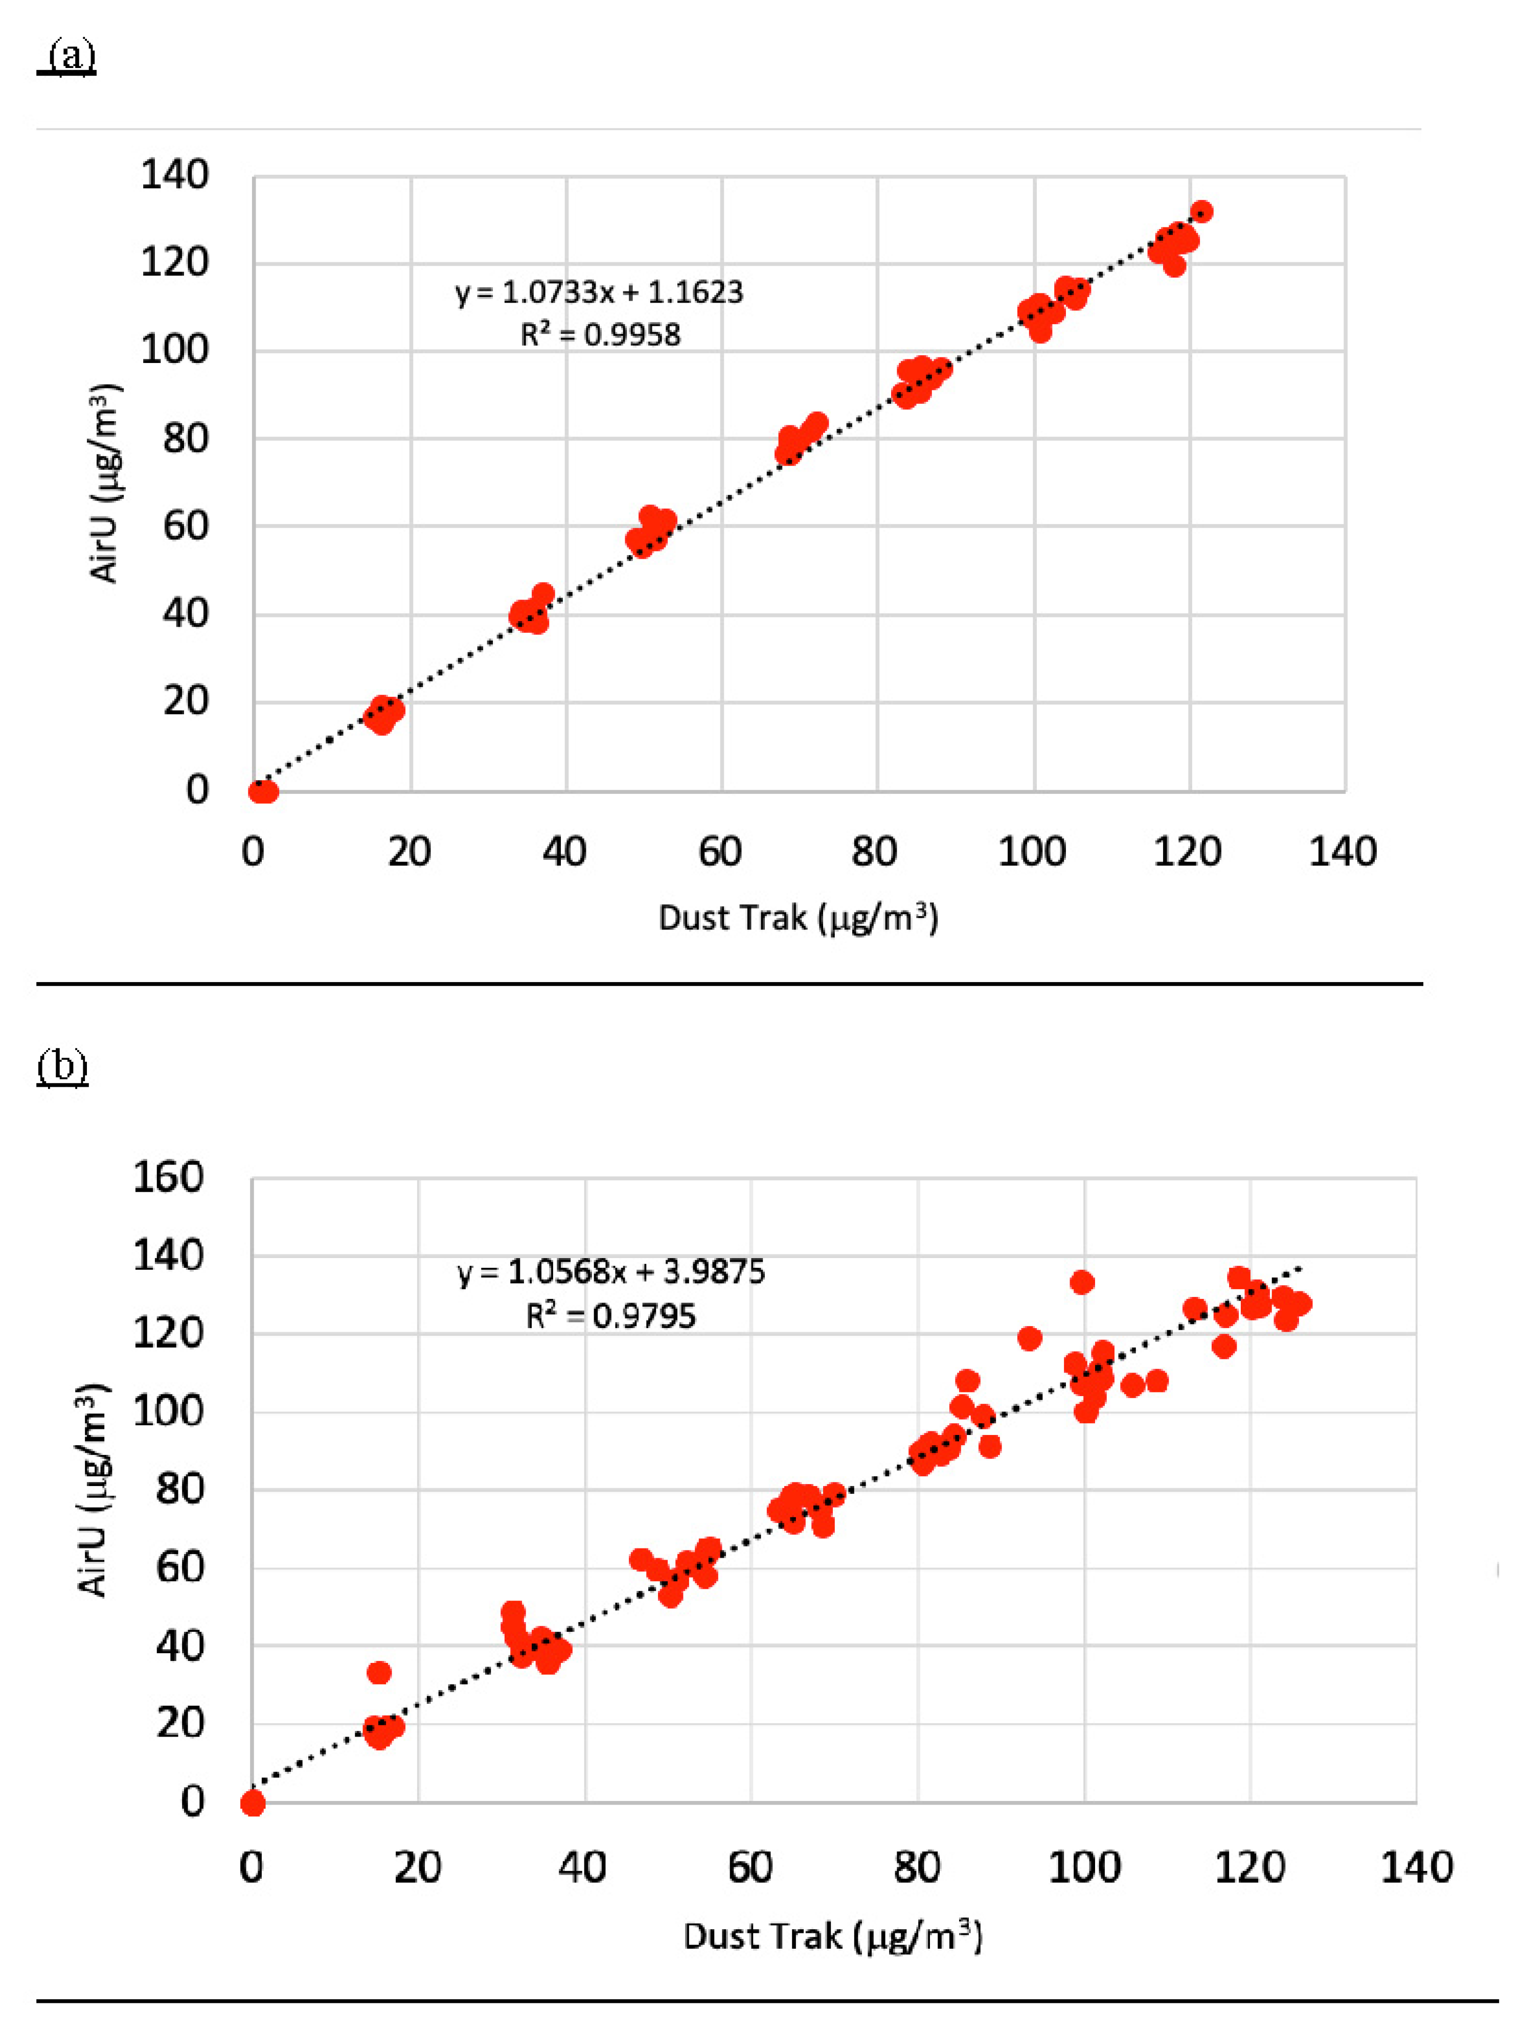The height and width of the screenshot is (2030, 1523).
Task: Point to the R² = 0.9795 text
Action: (x=610, y=1316)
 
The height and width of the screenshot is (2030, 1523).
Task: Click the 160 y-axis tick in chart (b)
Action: (x=168, y=1177)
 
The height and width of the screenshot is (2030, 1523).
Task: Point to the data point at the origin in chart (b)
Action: (x=253, y=1804)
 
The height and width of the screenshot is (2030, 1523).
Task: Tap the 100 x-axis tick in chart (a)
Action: (x=1032, y=852)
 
